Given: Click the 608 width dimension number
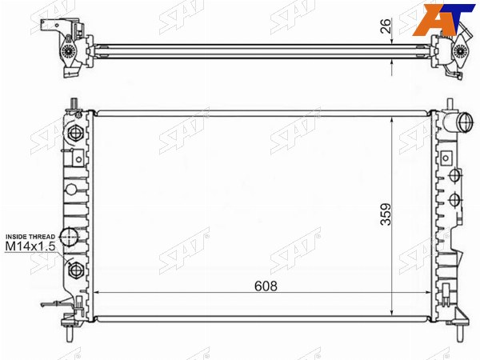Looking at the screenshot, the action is tap(266, 286).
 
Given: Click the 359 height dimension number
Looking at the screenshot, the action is tap(386, 214).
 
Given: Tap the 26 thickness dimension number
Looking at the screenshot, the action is tap(386, 26).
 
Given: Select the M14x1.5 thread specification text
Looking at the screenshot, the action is tap(30, 246).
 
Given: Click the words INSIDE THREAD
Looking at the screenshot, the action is tap(30, 237).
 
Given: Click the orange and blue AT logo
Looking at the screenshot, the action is tap(443, 19).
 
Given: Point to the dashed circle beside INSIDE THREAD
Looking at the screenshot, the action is tap(69, 237).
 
